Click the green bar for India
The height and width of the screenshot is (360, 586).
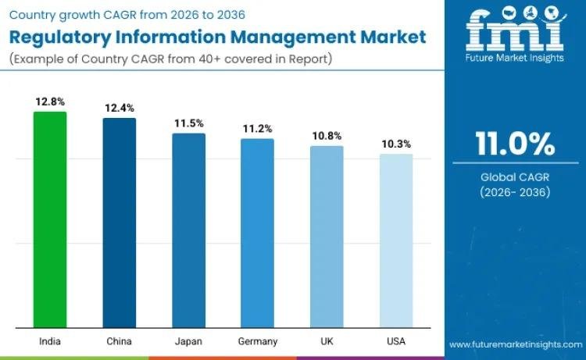(50, 219)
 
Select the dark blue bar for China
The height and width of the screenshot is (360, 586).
(120, 223)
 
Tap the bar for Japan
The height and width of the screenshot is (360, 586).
(188, 230)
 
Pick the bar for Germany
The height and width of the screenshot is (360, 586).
(257, 233)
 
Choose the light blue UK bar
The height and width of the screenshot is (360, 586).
(327, 237)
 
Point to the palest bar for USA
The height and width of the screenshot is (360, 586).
(395, 241)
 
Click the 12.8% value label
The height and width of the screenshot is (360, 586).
(50, 102)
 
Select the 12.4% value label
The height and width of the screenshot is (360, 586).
(120, 106)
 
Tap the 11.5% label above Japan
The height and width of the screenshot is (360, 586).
(188, 123)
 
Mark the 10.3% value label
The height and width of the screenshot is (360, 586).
(396, 144)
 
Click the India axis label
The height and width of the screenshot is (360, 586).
(50, 341)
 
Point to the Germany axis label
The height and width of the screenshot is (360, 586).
(257, 341)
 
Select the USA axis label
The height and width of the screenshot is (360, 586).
(396, 341)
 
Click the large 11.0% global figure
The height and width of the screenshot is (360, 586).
(515, 145)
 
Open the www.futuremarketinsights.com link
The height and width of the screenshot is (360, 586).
(516, 344)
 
